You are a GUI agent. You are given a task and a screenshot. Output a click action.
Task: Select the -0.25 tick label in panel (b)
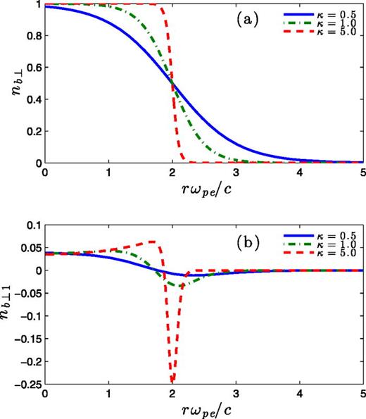point(28,386)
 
